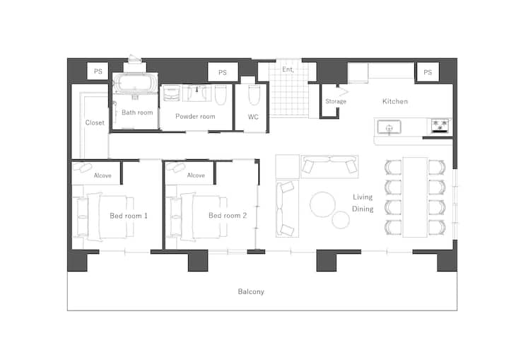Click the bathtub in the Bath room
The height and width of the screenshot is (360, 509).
tap(135, 84)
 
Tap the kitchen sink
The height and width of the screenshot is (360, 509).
tap(389, 127)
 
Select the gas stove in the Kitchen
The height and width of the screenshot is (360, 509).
tap(440, 126)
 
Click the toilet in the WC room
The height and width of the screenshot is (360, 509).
tap(254, 95)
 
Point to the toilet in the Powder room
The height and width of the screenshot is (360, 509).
tap(221, 95)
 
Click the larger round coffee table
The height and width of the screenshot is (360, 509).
tap(322, 204)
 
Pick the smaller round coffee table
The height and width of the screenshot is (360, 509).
tap(341, 220)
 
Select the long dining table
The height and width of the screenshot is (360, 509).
tap(415, 197)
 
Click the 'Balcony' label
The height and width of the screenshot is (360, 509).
tap(251, 291)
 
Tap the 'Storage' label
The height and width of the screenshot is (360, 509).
tap(336, 101)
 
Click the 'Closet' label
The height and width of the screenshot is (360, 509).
tap(95, 122)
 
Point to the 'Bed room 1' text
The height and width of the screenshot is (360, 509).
tap(129, 216)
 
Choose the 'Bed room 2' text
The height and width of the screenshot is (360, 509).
tap(228, 216)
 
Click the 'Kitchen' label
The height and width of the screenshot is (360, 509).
tap(395, 101)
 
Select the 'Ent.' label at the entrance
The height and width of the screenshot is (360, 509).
tap(288, 69)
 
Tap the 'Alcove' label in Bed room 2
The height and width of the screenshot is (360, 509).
tap(196, 175)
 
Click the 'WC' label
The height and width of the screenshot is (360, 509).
tap(253, 117)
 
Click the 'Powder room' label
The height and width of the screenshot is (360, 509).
tap(195, 116)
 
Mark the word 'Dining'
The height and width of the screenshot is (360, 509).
tap(363, 209)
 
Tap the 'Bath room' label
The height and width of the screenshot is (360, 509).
tap(137, 112)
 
